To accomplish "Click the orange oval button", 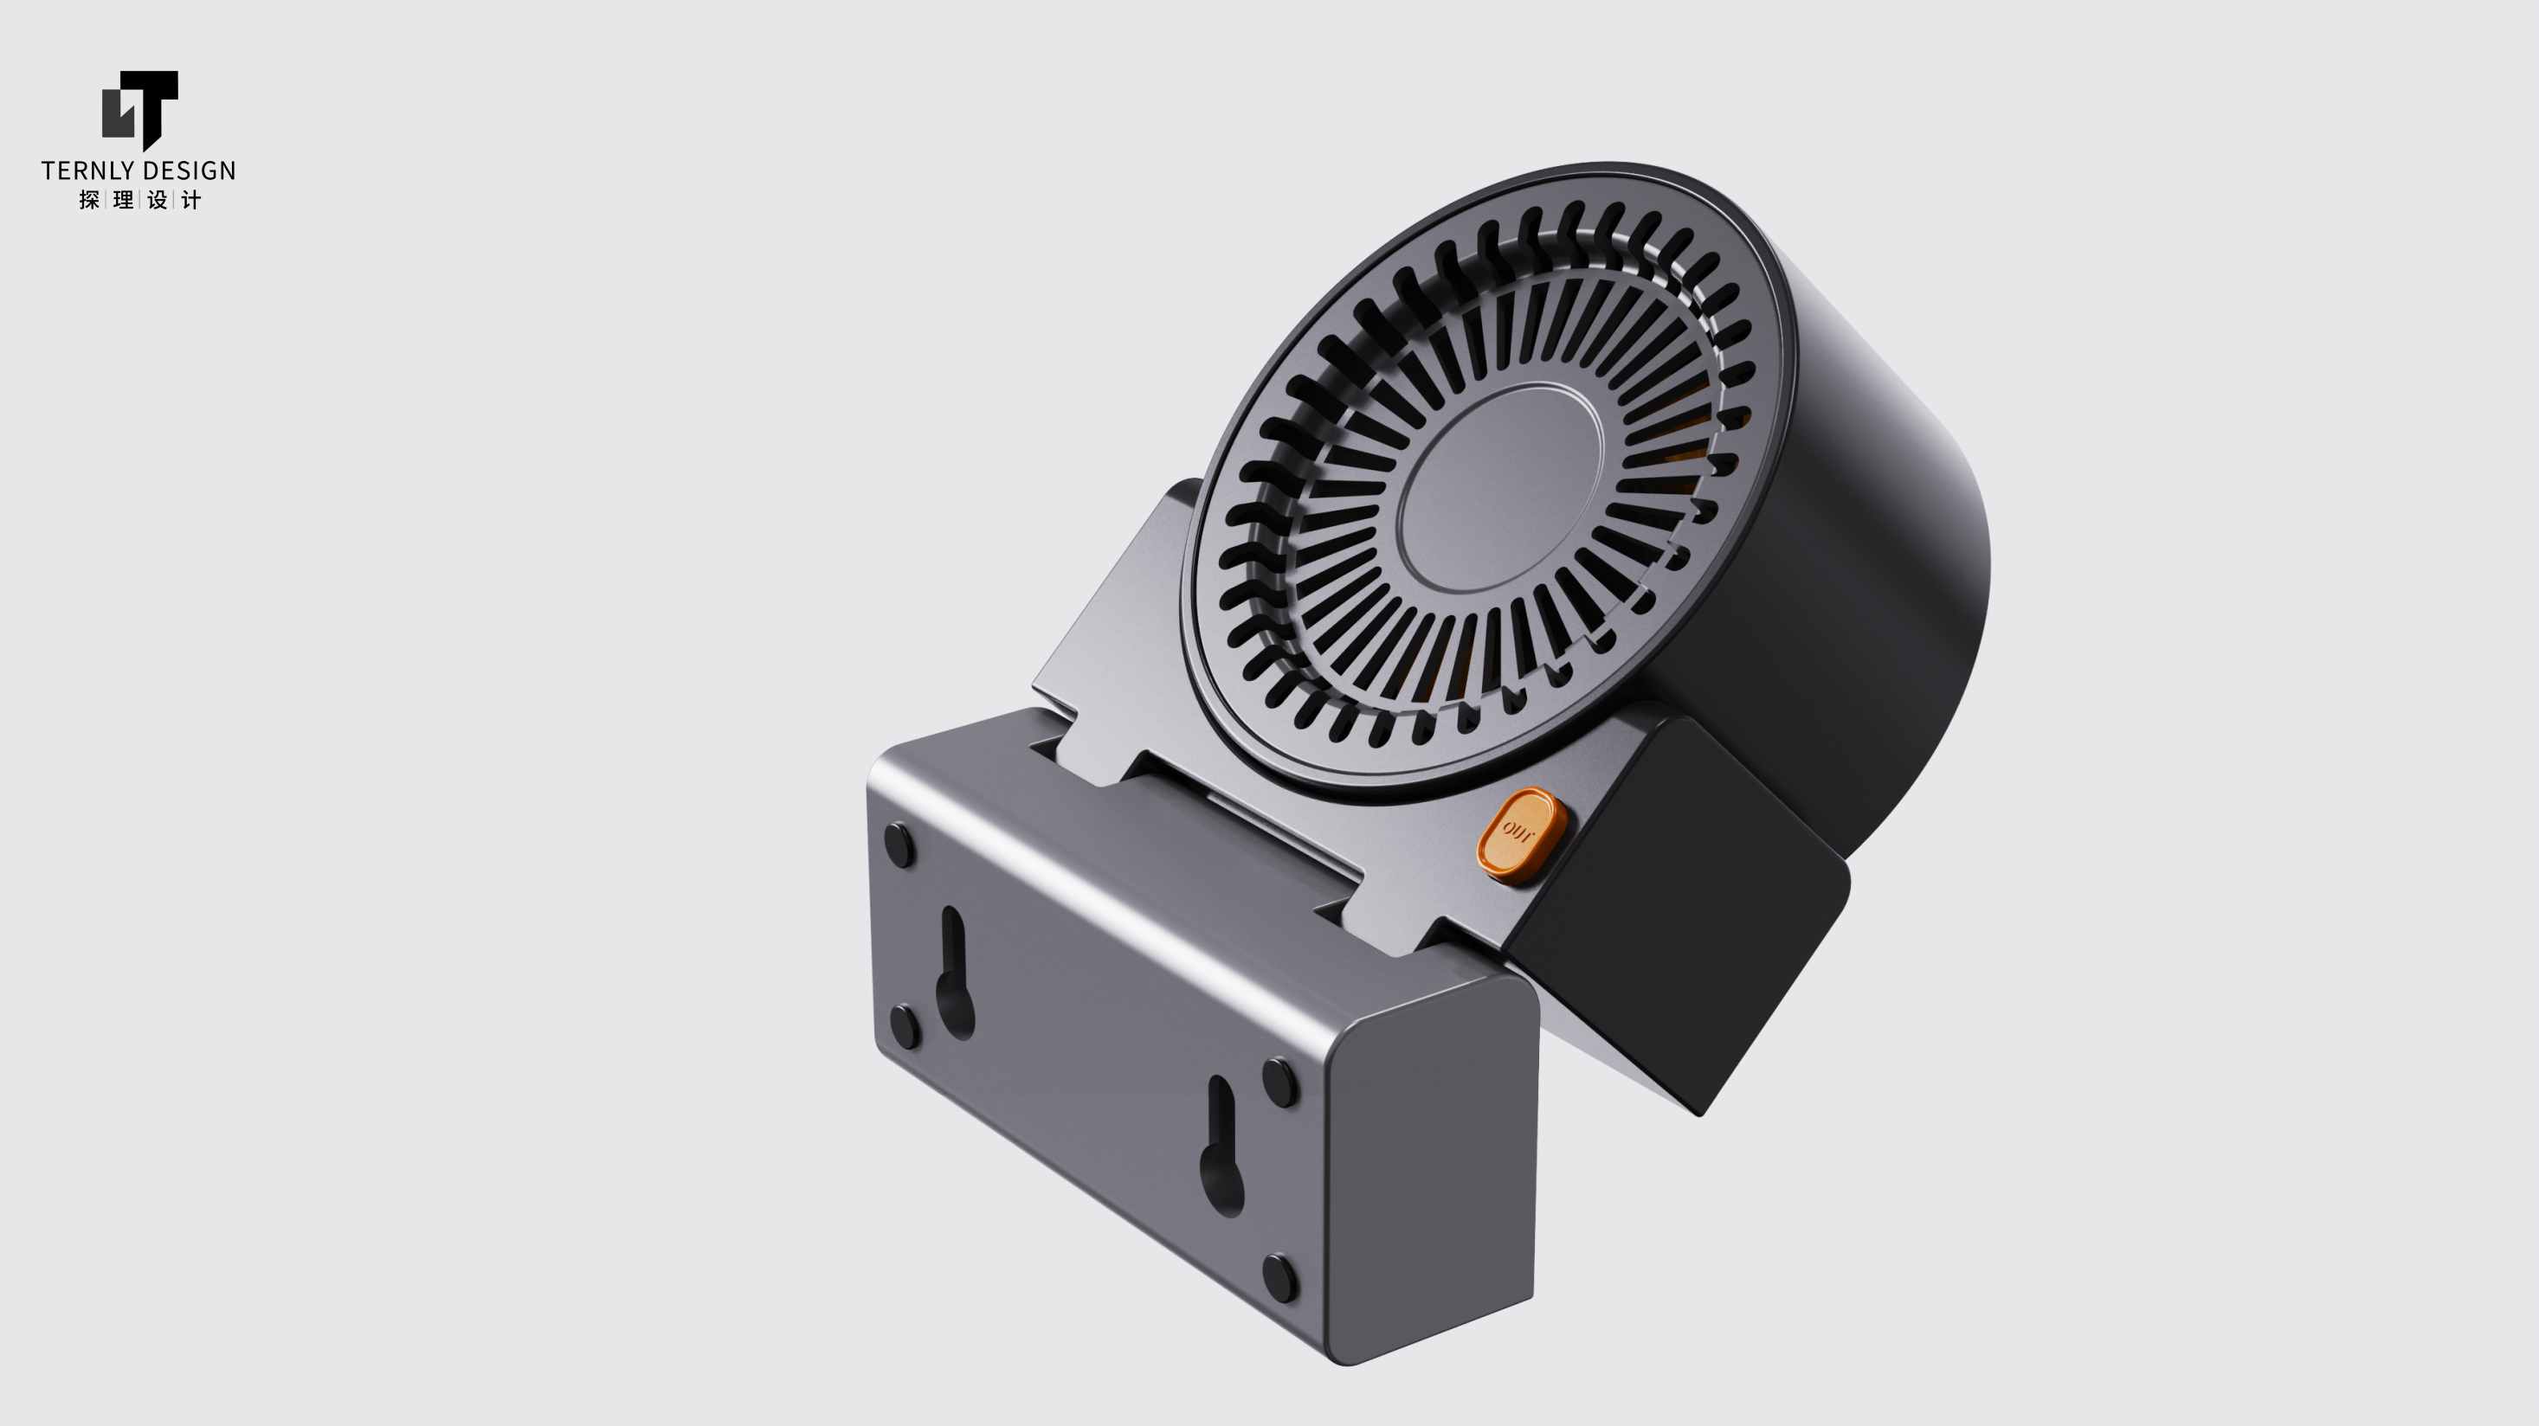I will click(1521, 832).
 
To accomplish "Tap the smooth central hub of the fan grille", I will click(1500, 487).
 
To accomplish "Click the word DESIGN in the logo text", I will click(188, 170).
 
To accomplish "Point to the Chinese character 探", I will click(88, 200).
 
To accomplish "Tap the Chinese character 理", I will click(123, 200).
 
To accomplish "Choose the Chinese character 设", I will click(158, 200).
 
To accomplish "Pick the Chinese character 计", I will click(191, 200).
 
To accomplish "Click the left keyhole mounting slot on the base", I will click(954, 976).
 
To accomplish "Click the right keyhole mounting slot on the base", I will click(1221, 1148).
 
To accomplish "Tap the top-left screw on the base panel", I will click(899, 845).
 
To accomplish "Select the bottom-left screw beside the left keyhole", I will click(905, 1025).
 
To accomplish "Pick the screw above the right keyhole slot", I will click(1279, 1081).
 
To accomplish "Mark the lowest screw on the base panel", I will click(1279, 1277).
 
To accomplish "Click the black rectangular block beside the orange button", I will click(1676, 907).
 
